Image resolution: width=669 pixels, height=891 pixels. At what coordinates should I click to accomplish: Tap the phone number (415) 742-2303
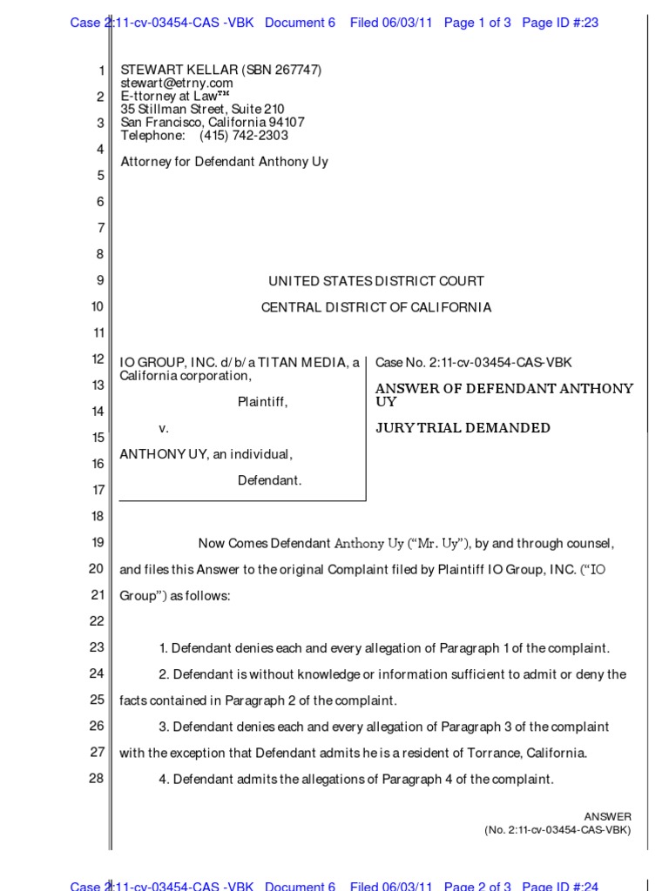(x=244, y=136)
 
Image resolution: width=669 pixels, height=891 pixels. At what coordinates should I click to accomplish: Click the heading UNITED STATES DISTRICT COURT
(x=376, y=281)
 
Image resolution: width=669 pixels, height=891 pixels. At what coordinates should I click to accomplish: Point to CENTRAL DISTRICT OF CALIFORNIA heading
(x=376, y=307)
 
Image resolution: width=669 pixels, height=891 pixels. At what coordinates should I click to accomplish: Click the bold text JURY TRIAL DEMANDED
(x=463, y=428)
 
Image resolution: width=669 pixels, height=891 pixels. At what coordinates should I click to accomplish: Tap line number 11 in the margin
(x=96, y=333)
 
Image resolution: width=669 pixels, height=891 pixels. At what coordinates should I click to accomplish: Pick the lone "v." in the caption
(x=163, y=429)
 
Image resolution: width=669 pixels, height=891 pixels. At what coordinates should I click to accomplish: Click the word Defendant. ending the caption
(x=270, y=480)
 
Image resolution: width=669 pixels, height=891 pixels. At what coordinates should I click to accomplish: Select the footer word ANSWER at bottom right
(x=607, y=816)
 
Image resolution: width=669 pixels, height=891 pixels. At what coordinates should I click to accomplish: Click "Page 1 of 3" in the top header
(x=477, y=23)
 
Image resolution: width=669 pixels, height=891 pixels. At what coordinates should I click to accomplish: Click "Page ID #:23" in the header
(x=560, y=23)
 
